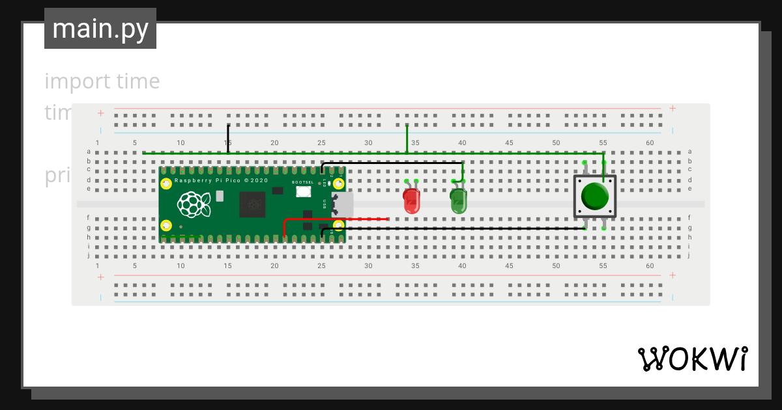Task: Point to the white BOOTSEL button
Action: [x=303, y=191]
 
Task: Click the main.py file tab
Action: [x=100, y=29]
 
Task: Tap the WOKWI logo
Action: [x=692, y=359]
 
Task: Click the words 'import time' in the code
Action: [x=102, y=81]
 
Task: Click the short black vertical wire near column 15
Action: [x=228, y=139]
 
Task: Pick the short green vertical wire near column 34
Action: [x=407, y=139]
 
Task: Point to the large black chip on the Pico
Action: [x=252, y=204]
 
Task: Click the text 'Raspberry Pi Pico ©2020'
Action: [x=221, y=180]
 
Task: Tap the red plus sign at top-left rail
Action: [x=101, y=113]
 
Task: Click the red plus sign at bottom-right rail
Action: [x=673, y=277]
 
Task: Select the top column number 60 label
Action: [x=650, y=143]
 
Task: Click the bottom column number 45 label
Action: [x=509, y=266]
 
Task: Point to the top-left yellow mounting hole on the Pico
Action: [x=166, y=184]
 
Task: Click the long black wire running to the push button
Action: [x=456, y=228]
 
